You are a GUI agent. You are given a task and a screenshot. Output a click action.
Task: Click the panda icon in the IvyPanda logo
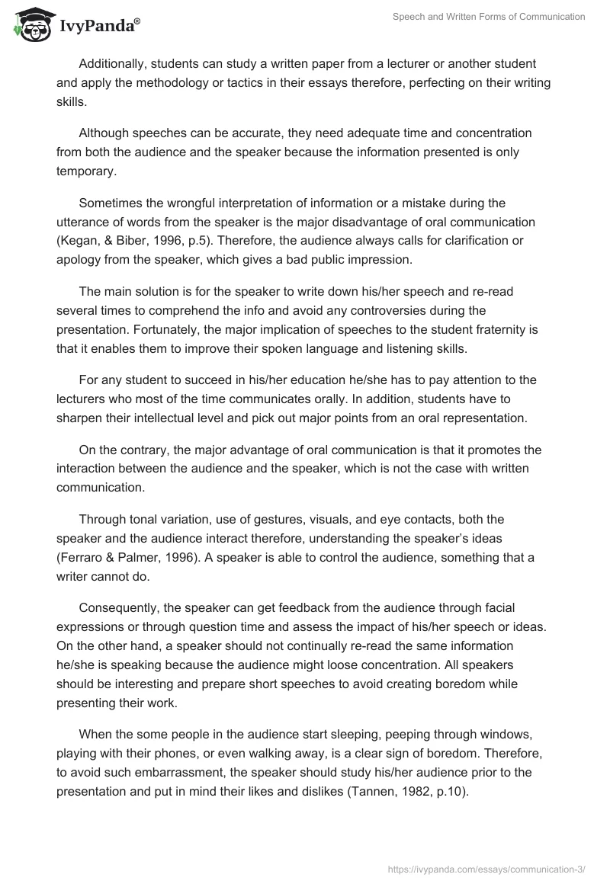click(x=30, y=25)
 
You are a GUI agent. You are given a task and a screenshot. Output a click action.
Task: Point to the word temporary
click(x=85, y=171)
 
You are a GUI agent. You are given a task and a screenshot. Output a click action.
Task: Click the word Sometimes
click(x=113, y=203)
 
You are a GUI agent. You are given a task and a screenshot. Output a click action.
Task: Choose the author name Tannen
click(x=365, y=791)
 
